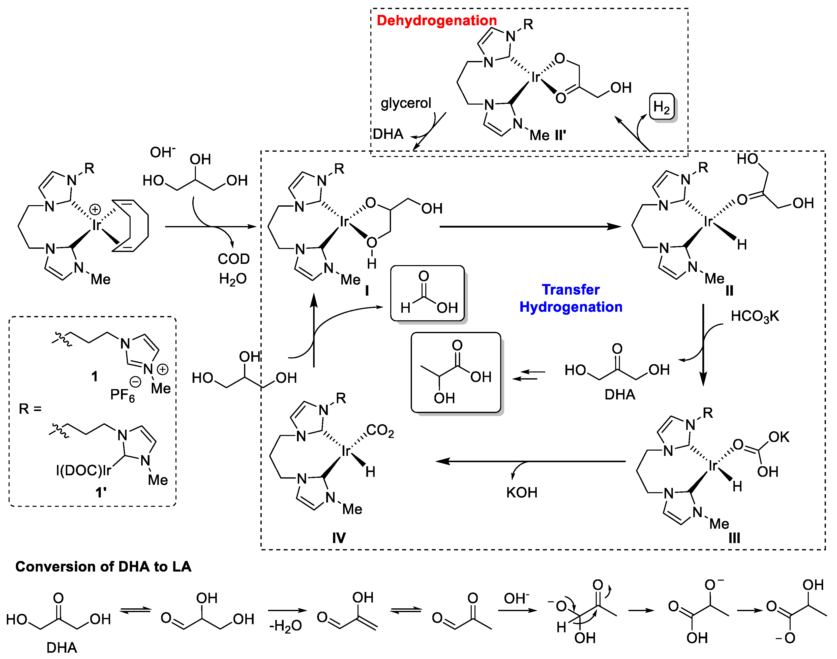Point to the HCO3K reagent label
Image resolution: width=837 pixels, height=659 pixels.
pos(754,316)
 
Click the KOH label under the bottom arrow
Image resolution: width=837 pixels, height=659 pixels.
pos(521,493)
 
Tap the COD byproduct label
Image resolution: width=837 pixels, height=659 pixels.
pos(233,259)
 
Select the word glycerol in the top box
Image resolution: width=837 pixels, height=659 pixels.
pos(406,103)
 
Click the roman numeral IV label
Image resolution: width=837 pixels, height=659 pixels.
pos(339,538)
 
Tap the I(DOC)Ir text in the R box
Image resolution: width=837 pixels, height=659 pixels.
pos(83,470)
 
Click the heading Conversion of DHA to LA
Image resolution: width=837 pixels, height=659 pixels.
pos(103,567)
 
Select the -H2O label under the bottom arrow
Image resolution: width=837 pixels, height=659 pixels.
pos(285,626)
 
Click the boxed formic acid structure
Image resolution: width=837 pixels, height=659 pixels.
pos(427,293)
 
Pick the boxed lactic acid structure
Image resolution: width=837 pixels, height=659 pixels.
pos(456,372)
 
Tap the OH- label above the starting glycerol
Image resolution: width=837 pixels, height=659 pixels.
pos(162,152)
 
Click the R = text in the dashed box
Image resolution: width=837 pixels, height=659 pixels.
pos(30,409)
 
